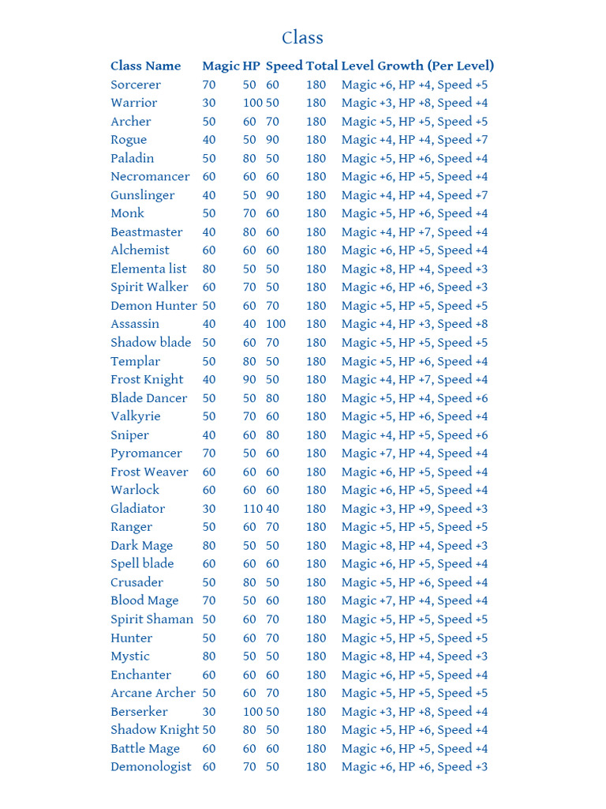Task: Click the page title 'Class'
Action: point(303,38)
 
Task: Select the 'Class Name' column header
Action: point(145,66)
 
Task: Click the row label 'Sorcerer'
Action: point(136,85)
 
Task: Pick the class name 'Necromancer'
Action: point(150,177)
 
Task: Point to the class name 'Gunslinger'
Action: point(143,195)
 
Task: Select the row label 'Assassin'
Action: point(135,324)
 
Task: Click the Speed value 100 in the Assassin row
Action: point(275,324)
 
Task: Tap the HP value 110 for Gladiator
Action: point(252,509)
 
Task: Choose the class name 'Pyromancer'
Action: point(146,453)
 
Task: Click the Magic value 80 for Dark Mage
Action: point(209,546)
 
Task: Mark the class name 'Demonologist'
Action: point(151,767)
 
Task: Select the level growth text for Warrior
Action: point(414,103)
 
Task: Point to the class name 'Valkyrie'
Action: point(136,416)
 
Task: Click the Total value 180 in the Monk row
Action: point(316,213)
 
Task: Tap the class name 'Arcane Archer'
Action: point(153,693)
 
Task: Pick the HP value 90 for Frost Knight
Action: point(249,379)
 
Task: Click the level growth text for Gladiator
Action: point(414,509)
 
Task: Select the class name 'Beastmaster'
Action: point(147,232)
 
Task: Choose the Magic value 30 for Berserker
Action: point(209,712)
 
